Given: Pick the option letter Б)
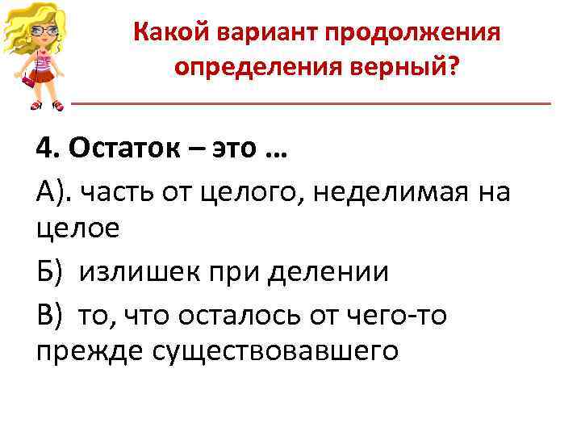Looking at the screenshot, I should [48, 272].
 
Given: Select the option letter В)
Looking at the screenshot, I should [48, 313].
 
